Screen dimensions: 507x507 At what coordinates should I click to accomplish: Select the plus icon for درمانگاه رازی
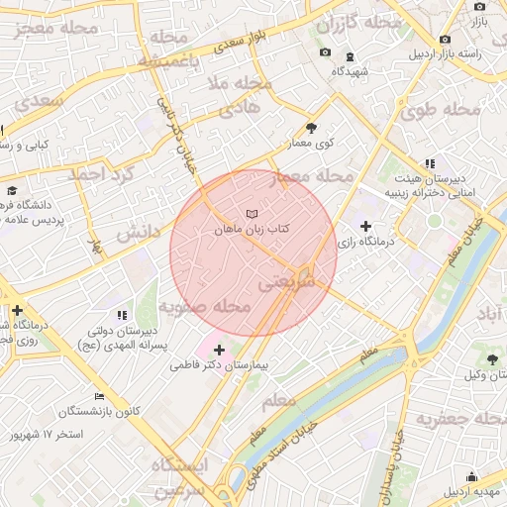click(x=366, y=227)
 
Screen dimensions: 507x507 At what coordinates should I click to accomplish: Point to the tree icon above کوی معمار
click(x=312, y=128)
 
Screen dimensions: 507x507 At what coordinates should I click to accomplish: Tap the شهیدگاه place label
click(x=351, y=72)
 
